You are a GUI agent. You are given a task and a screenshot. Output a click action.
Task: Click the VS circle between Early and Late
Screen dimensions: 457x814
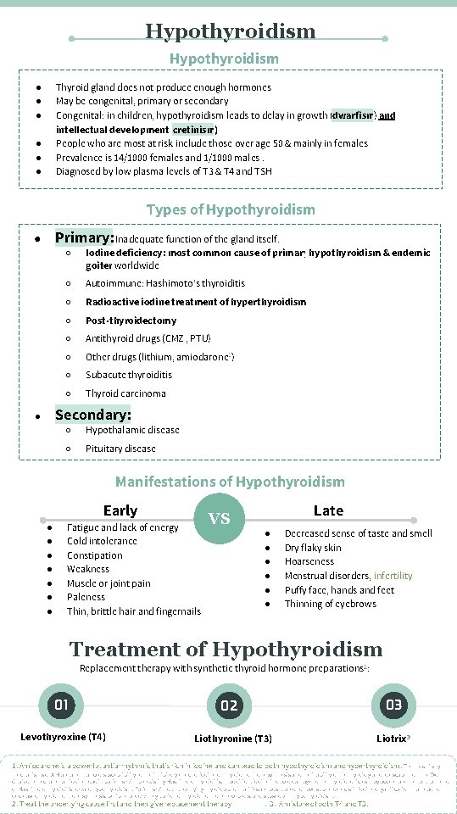pyautogui.click(x=220, y=518)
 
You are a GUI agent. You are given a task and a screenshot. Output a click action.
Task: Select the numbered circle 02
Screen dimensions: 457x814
pyautogui.click(x=230, y=705)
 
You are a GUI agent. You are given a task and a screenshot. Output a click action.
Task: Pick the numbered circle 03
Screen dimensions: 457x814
pyautogui.click(x=394, y=705)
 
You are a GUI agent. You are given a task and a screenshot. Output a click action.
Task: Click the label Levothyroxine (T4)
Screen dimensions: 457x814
pyautogui.click(x=63, y=737)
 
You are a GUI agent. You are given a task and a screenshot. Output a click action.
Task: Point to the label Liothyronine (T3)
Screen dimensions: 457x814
pyautogui.click(x=233, y=739)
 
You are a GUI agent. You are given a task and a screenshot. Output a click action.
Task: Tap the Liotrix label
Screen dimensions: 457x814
pyautogui.click(x=393, y=739)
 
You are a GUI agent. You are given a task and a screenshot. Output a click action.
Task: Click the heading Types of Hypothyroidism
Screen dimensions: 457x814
pyautogui.click(x=231, y=209)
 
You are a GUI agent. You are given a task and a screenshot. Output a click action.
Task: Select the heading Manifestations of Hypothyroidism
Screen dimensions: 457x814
pyautogui.click(x=230, y=482)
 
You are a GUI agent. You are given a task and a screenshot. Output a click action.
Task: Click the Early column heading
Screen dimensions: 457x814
pyautogui.click(x=120, y=510)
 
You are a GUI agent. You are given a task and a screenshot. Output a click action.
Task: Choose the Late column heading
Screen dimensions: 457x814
pyautogui.click(x=328, y=510)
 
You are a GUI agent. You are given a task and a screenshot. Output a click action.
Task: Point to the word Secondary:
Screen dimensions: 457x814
pyautogui.click(x=92, y=415)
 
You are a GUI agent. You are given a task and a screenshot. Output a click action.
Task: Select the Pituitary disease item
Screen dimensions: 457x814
pyautogui.click(x=120, y=449)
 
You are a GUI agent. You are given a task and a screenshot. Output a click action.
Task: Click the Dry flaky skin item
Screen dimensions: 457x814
pyautogui.click(x=313, y=548)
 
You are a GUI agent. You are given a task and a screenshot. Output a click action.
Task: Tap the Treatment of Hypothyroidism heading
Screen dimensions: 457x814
pyautogui.click(x=226, y=650)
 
